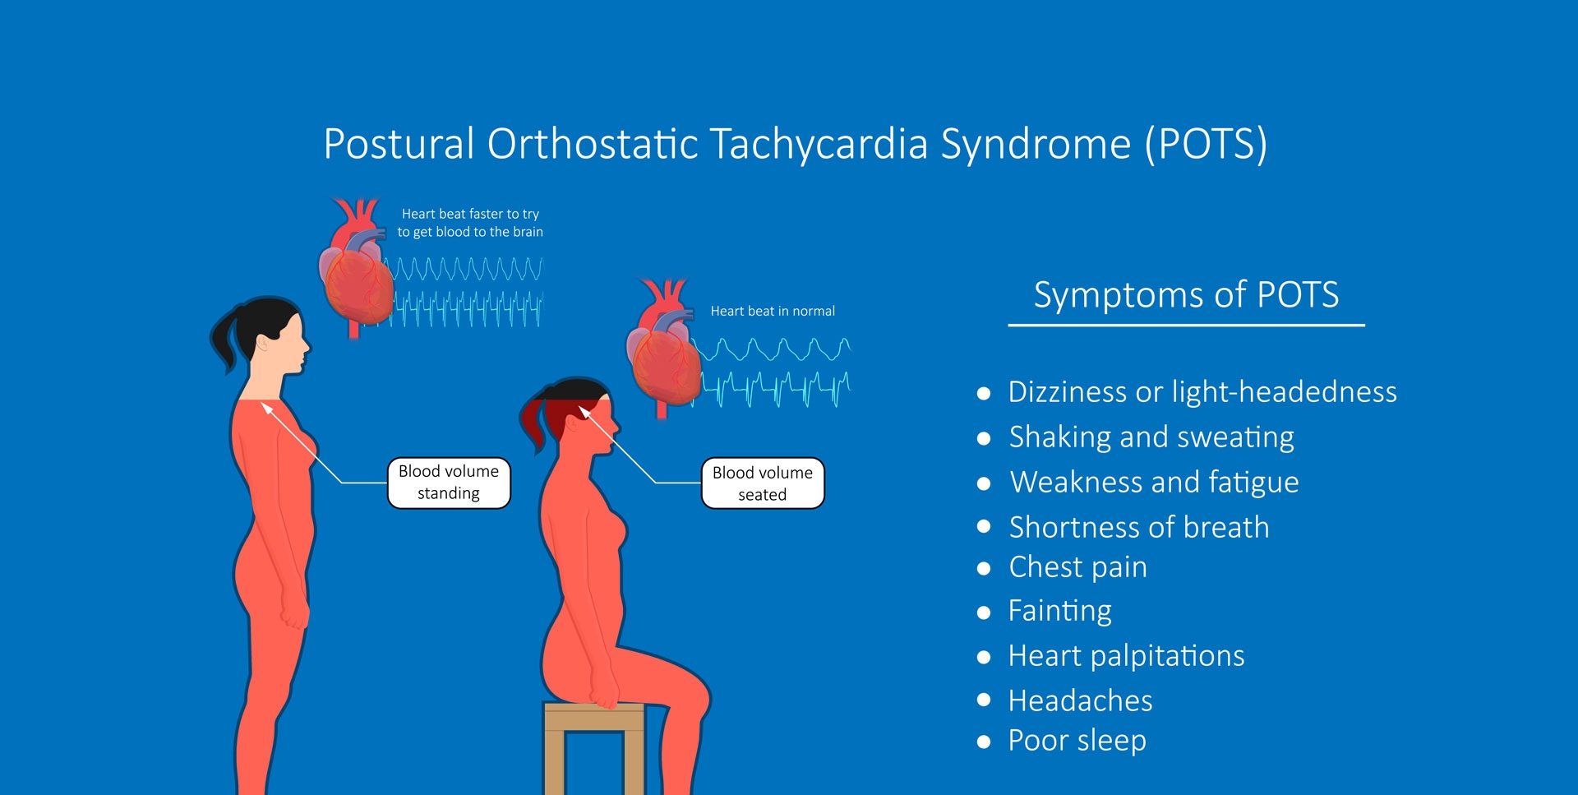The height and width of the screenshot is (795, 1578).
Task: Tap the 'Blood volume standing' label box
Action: [449, 483]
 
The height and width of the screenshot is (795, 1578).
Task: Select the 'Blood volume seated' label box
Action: [763, 483]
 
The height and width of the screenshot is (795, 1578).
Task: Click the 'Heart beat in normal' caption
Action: [773, 312]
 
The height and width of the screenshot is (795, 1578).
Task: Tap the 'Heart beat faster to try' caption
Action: [470, 214]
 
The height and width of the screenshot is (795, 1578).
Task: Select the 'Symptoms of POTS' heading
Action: [1186, 295]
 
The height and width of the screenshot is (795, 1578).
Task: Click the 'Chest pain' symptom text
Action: [1077, 568]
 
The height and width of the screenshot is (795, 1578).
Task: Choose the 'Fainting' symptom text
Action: [1059, 612]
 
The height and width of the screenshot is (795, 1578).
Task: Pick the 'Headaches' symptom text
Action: [1080, 700]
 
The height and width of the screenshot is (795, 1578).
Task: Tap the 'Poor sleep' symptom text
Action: [1077, 741]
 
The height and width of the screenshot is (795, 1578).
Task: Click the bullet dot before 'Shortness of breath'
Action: [984, 527]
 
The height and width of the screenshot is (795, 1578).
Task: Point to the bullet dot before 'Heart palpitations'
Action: [984, 657]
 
